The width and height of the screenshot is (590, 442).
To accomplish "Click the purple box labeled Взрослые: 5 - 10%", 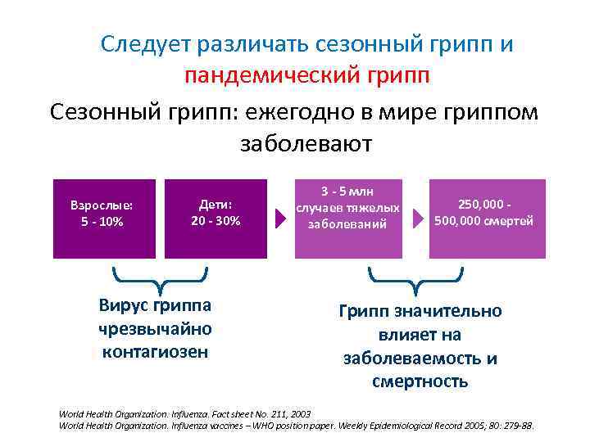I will pyautogui.click(x=104, y=218).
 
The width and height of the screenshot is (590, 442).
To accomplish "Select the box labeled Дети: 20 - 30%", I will pyautogui.click(x=216, y=218).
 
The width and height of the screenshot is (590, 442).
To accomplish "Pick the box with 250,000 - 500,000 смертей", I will pyautogui.click(x=484, y=218).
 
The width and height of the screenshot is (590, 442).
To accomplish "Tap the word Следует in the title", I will pyautogui.click(x=144, y=44).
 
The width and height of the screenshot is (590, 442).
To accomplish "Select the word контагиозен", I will pyautogui.click(x=154, y=352).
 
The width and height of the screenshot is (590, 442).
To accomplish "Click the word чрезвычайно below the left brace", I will pyautogui.click(x=154, y=329).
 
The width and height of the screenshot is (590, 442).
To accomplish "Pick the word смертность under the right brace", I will pyautogui.click(x=420, y=381).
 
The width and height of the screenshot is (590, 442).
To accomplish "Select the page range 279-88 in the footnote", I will pyautogui.click(x=514, y=426).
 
